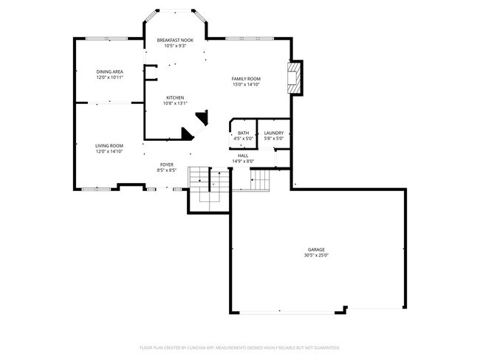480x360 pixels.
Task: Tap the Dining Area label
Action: tap(109, 72)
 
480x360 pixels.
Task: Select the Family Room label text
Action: tap(246, 78)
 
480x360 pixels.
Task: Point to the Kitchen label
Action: tap(174, 97)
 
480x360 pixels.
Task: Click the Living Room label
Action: tap(109, 146)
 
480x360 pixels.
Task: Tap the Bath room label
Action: tap(243, 133)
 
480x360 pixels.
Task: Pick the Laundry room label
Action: tap(274, 133)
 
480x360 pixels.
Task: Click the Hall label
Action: tap(243, 156)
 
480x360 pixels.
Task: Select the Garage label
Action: tap(315, 250)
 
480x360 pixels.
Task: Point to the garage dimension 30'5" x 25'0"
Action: tap(315, 256)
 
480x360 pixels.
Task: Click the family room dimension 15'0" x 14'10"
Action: tap(246, 84)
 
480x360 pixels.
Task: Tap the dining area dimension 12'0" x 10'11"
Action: tap(109, 77)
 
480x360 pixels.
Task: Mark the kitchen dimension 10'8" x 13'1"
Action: tap(174, 103)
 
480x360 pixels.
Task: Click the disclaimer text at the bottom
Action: tap(239, 347)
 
